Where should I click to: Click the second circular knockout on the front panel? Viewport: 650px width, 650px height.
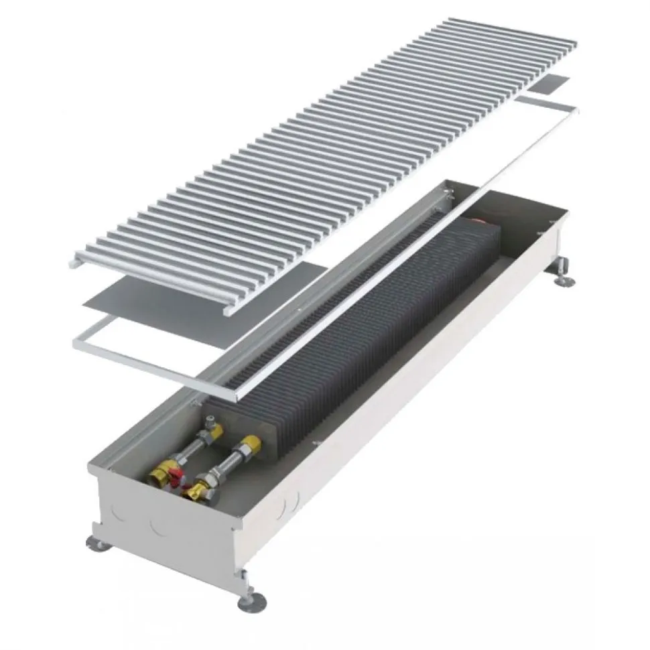click(159, 529)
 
